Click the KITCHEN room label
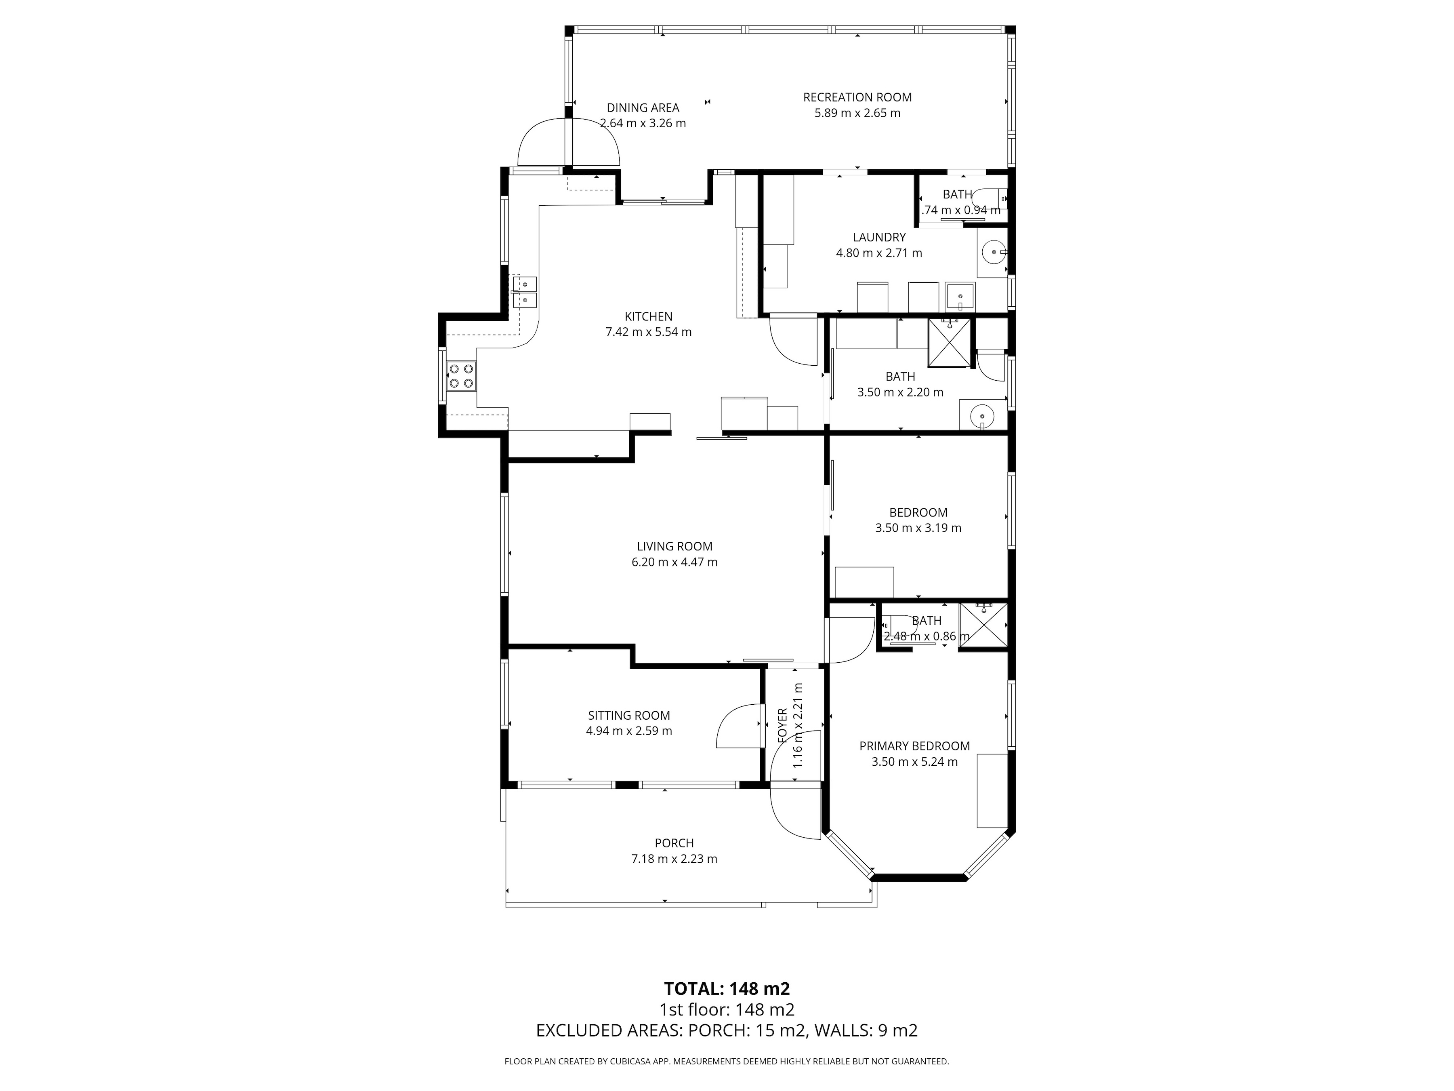tap(648, 316)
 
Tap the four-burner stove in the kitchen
tap(461, 376)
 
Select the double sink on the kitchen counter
tap(525, 292)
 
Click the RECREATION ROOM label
tap(857, 97)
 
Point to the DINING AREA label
tap(643, 108)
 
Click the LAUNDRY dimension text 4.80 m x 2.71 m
tap(879, 253)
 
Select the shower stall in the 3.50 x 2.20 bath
tap(949, 342)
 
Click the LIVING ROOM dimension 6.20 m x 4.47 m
tap(674, 562)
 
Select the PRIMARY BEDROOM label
tap(914, 746)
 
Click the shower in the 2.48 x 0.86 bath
tap(983, 625)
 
